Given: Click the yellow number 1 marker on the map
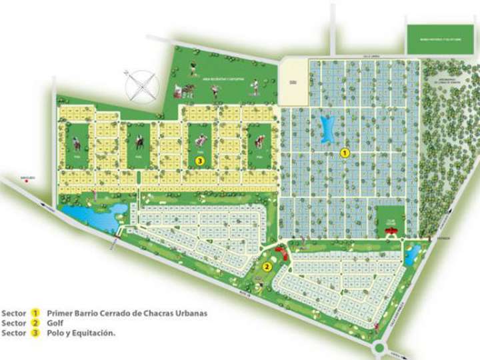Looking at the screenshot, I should [345, 153].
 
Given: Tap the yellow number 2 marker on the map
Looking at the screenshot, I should [266, 267].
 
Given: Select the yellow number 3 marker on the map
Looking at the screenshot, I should [199, 161].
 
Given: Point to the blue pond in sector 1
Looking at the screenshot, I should [327, 129].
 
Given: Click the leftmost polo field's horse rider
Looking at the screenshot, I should [77, 143].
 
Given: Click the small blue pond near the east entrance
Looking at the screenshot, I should [413, 253].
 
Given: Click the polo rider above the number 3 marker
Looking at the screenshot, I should [199, 141].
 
